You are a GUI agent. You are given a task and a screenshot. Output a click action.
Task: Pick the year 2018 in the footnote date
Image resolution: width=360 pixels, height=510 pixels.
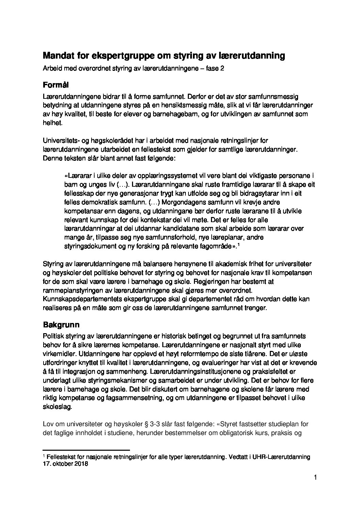pyautogui.click(x=81, y=463)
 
